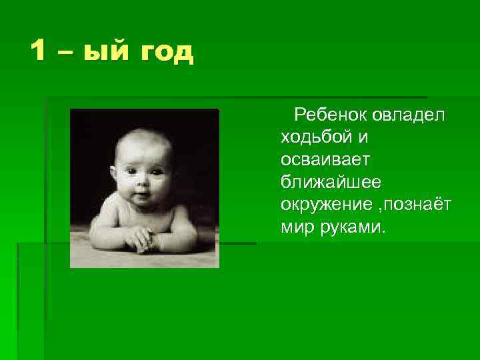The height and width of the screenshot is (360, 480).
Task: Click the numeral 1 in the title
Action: click(39, 51)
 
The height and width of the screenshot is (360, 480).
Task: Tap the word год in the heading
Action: click(166, 52)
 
